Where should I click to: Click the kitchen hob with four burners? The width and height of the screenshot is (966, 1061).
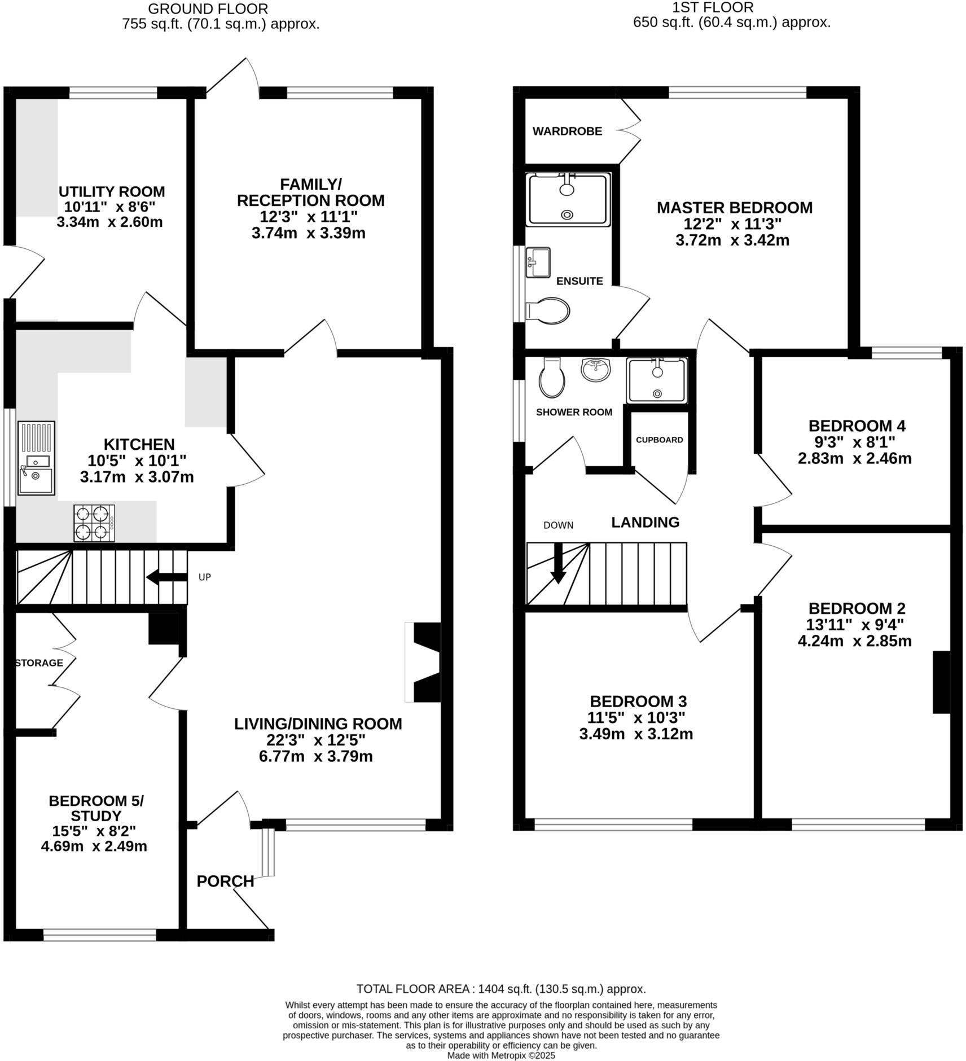[x=94, y=523]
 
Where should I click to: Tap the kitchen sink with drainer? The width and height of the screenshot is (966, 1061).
[x=36, y=458]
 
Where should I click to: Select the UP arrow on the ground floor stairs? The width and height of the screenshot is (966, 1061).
[x=166, y=577]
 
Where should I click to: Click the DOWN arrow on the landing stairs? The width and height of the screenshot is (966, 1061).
[x=558, y=564]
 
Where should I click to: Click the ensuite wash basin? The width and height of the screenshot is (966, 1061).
[x=538, y=262]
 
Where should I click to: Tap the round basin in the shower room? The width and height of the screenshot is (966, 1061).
[x=596, y=370]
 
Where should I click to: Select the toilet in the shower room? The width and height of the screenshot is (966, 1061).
[x=552, y=377]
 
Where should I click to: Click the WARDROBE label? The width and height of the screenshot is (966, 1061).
[x=567, y=131]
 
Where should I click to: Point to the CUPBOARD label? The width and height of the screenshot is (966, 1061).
[x=659, y=440]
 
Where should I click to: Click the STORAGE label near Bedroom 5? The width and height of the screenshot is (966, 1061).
[x=39, y=663]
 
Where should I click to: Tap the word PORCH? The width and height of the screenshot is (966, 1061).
[x=225, y=881]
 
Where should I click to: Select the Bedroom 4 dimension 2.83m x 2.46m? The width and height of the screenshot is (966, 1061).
[x=854, y=458]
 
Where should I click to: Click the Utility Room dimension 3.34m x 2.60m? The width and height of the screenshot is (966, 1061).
[x=109, y=222]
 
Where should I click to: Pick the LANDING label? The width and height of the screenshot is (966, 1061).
[x=645, y=522]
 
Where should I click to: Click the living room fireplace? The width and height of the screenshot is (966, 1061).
[x=424, y=662]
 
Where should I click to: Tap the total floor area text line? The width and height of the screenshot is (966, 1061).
[x=501, y=989]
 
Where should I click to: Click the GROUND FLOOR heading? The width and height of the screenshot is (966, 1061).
[x=208, y=9]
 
